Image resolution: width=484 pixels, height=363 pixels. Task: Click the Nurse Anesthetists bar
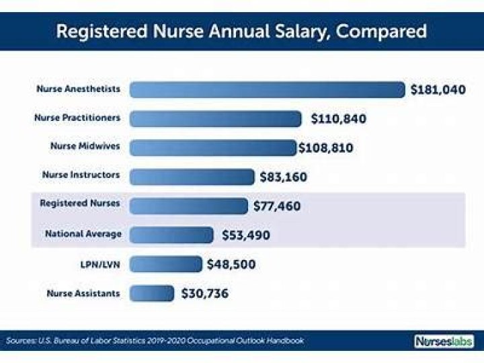pos(267,89)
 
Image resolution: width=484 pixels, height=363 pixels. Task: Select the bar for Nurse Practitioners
pos(215,118)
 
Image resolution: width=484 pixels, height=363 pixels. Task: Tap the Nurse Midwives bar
pos(212,147)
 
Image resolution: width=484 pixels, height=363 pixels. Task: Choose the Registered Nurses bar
pos(188,205)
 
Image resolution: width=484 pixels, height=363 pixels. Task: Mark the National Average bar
pos(171,235)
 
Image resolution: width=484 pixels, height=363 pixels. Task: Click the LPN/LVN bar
pos(165,264)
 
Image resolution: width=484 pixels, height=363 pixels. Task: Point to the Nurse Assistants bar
pos(151,293)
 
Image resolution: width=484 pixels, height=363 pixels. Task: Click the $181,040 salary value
pos(438,89)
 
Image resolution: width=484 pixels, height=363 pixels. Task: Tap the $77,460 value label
pos(277,206)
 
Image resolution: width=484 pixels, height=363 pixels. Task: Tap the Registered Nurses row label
pos(80,202)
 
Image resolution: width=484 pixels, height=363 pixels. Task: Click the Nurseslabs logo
pos(443,341)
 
